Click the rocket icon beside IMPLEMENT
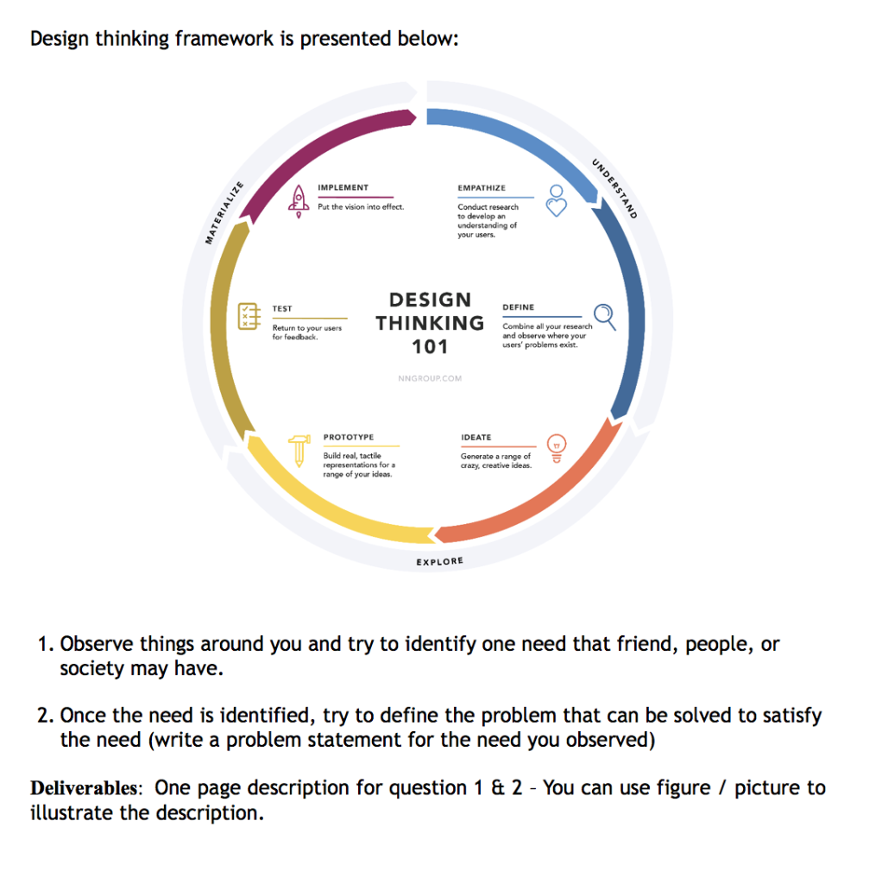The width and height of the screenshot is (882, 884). [x=299, y=200]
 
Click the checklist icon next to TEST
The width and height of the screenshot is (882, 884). [x=249, y=317]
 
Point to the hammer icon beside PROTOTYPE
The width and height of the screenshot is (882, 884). [x=299, y=450]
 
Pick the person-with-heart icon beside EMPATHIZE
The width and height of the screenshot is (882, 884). [x=558, y=200]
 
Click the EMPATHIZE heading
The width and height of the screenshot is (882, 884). [x=482, y=187]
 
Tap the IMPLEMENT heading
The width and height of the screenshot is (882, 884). [x=343, y=187]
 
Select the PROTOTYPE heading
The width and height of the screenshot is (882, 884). [x=348, y=438]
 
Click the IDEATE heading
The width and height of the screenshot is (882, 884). [x=476, y=438]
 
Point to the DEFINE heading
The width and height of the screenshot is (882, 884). [x=518, y=307]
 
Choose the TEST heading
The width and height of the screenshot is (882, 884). [x=282, y=308]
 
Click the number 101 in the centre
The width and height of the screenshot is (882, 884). [x=430, y=347]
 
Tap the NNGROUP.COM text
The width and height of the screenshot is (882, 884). [x=430, y=378]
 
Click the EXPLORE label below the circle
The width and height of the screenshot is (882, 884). [x=439, y=562]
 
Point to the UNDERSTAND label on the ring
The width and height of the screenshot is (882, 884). [x=614, y=189]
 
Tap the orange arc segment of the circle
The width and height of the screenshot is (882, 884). [x=552, y=496]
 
